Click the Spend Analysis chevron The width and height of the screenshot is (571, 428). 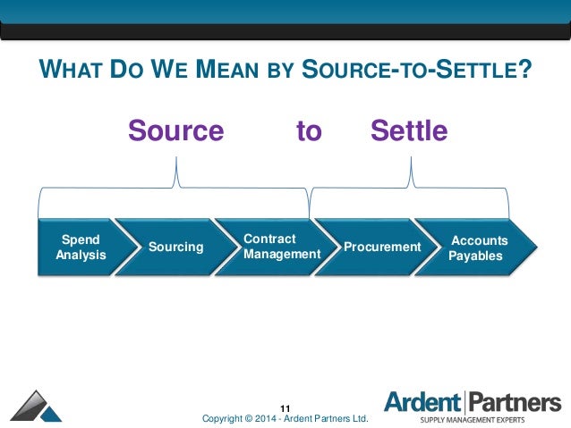click(x=79, y=248)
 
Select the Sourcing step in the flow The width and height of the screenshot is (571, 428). click(x=175, y=247)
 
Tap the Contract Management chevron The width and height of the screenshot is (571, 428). click(x=280, y=248)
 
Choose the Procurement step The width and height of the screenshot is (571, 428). click(x=382, y=247)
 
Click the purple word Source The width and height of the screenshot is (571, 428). click(x=175, y=131)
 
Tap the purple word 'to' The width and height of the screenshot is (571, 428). click(x=308, y=131)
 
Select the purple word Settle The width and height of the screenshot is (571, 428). click(x=408, y=131)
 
